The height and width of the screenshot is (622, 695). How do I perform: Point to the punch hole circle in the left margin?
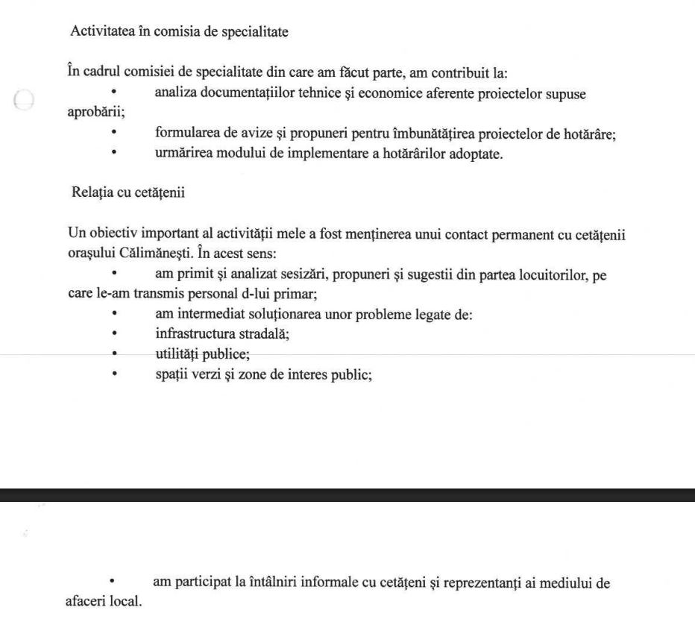[24, 100]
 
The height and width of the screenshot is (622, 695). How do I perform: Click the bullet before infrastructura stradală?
[115, 335]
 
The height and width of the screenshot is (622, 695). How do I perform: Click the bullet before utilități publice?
[115, 355]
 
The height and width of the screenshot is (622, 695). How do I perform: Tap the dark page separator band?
[347, 495]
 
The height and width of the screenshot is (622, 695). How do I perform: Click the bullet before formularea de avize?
[115, 135]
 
